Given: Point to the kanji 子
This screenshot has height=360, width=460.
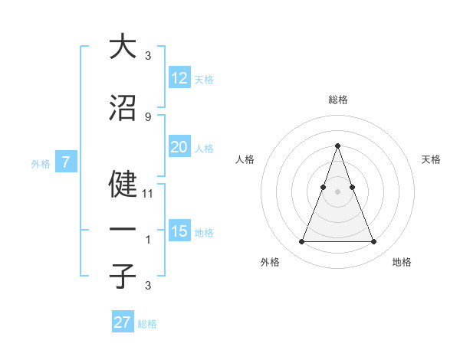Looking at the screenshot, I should (123, 276).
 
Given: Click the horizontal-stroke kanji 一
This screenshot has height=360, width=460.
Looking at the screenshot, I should (123, 230).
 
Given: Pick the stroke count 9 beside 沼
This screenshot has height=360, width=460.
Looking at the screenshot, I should (147, 116).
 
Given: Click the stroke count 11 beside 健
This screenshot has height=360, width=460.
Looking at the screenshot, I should (148, 194).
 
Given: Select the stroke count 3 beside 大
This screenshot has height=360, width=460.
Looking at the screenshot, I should (147, 55).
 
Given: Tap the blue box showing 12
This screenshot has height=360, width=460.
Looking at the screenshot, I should (179, 78).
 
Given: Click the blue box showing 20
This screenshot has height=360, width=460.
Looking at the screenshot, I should (179, 147).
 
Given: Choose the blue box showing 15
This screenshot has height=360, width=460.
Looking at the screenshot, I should (179, 231).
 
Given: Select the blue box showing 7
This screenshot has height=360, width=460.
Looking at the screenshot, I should (67, 162).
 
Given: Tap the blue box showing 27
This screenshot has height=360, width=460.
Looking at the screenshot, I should (123, 322).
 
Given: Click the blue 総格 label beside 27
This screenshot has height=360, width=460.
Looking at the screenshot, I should (147, 324).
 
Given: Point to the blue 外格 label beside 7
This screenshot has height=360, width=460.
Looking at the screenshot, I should (41, 163).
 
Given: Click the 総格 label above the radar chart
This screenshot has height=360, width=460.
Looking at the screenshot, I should (337, 100).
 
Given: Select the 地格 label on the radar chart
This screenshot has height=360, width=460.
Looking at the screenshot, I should (402, 262).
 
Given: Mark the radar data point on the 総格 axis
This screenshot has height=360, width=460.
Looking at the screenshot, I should (337, 146).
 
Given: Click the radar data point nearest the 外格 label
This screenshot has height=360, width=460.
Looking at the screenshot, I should (301, 242).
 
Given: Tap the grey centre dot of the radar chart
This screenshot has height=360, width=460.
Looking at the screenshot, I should (337, 191).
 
